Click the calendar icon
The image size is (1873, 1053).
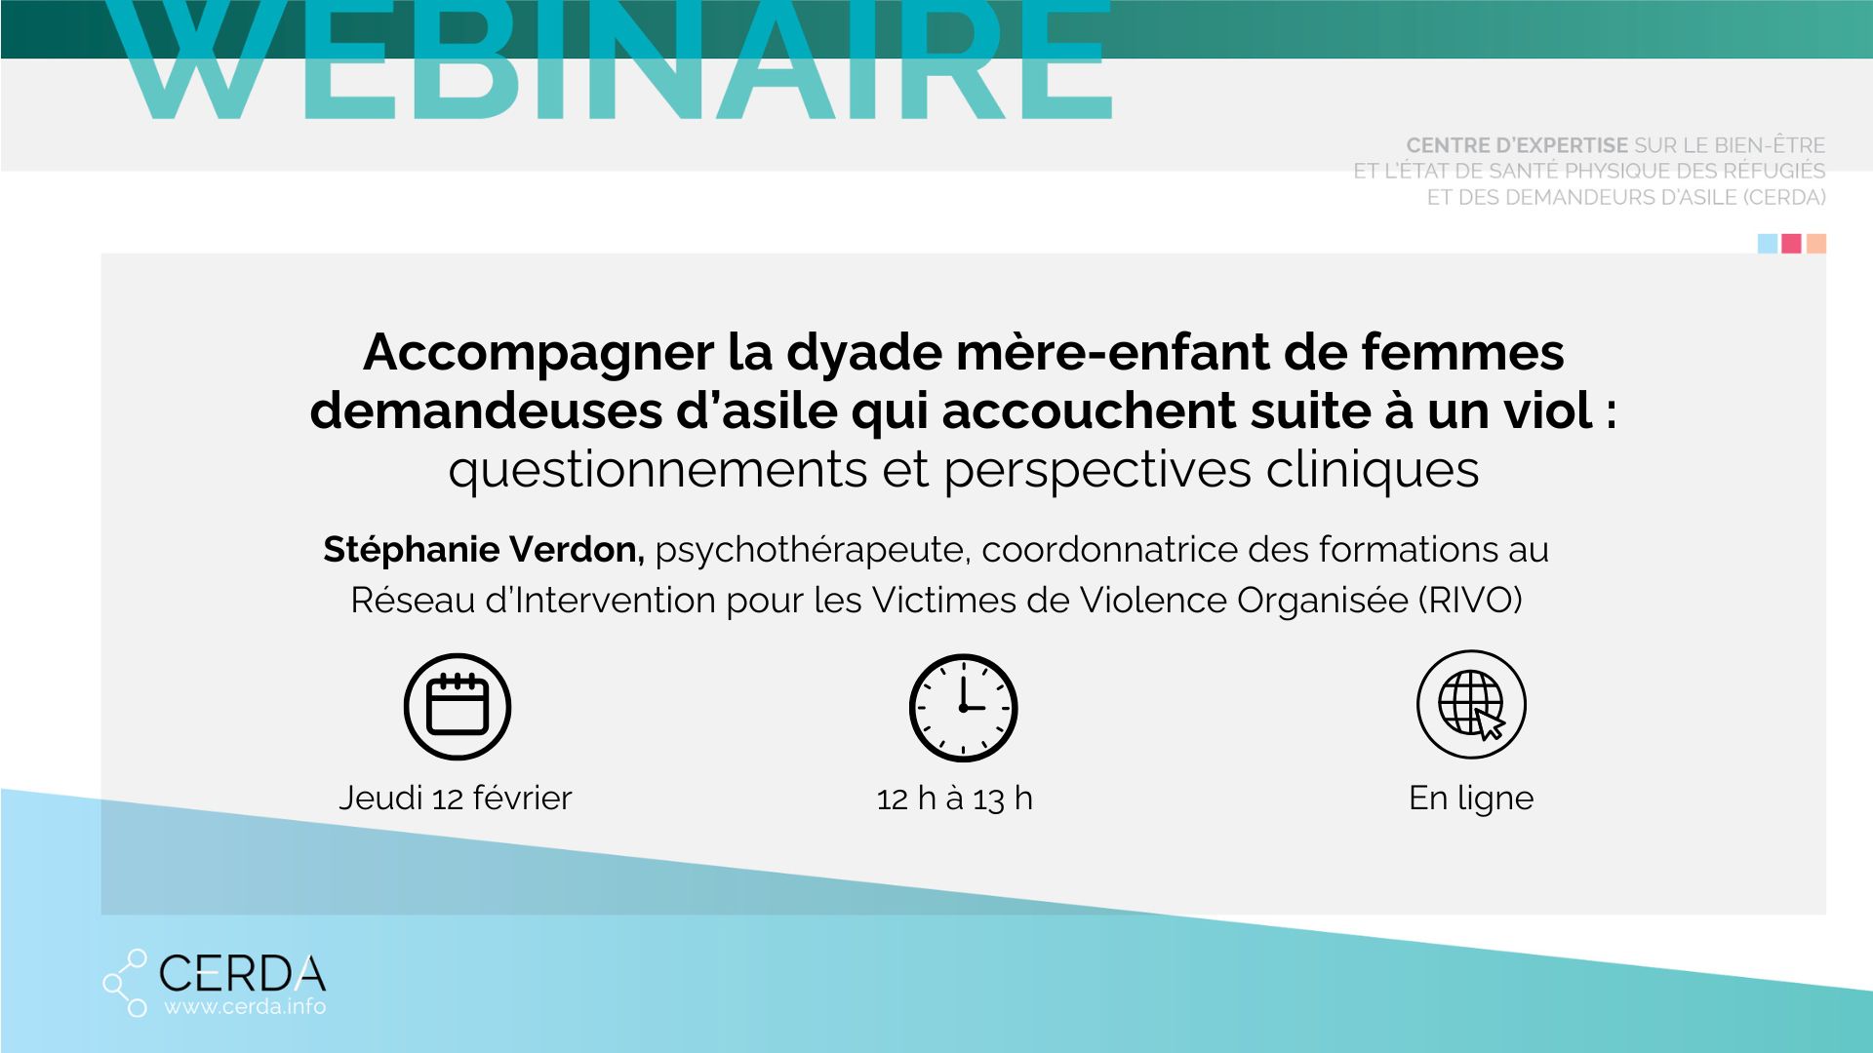click(x=458, y=706)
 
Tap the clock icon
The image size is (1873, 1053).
click(x=964, y=708)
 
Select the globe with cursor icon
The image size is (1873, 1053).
click(x=1471, y=704)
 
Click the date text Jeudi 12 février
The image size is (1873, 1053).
click(x=456, y=799)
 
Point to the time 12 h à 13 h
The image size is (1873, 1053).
click(x=955, y=799)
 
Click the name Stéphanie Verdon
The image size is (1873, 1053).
click(x=484, y=550)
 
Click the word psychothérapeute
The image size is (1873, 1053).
click(x=812, y=551)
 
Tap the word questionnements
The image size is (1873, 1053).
click(x=658, y=470)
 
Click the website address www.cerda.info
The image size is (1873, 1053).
click(x=245, y=1006)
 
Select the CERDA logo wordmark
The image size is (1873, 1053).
click(x=242, y=972)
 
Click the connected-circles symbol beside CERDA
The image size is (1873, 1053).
click(x=126, y=983)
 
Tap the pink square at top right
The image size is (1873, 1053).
click(x=1792, y=244)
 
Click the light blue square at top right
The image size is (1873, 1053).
click(x=1768, y=244)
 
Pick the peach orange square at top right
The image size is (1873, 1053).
click(x=1816, y=244)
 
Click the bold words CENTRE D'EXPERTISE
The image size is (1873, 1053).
click(x=1517, y=145)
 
